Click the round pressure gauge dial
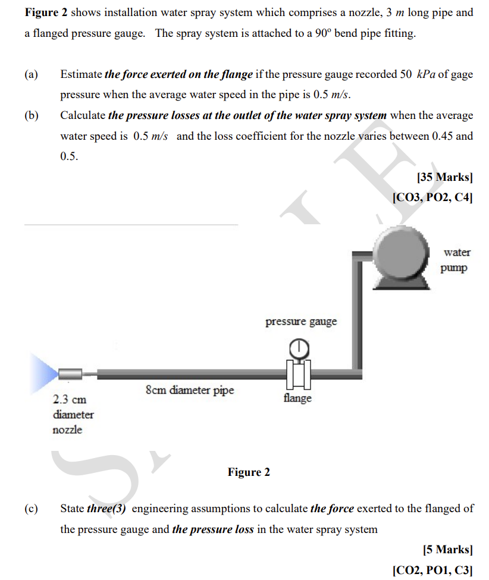[300, 346]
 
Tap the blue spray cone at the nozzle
[43, 373]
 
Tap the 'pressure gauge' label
[300, 322]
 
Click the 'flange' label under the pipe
[297, 398]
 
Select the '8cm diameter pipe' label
[190, 390]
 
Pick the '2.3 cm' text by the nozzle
[70, 399]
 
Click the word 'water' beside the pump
[456, 252]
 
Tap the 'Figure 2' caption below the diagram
[249, 472]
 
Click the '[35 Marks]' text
[445, 177]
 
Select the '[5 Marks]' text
[447, 550]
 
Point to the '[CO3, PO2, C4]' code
[432, 197]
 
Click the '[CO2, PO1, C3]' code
[432, 570]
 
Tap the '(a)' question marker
[31, 74]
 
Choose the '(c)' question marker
[31, 509]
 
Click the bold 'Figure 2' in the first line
[46, 12]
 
